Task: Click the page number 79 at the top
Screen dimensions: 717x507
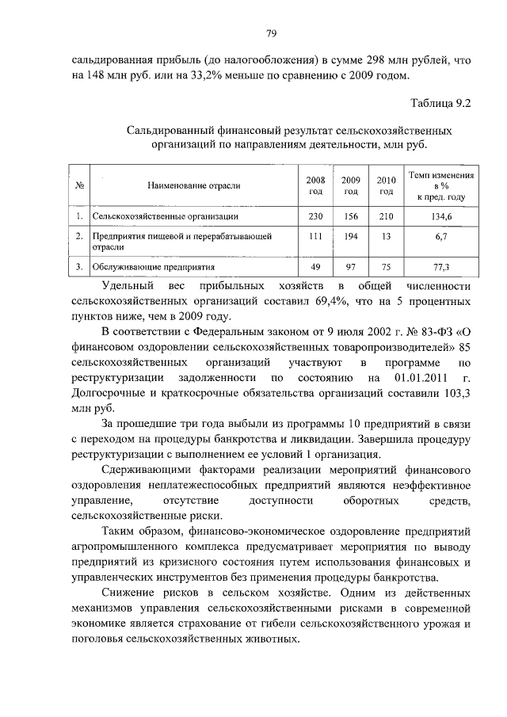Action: tap(270, 33)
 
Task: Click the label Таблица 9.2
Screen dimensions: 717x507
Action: tap(441, 104)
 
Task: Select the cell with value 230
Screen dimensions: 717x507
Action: tap(315, 215)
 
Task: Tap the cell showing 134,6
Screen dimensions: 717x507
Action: tap(441, 215)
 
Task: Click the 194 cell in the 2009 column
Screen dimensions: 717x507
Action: tap(351, 236)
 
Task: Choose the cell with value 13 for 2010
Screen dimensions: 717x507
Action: tap(386, 236)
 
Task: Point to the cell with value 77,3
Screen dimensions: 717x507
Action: tap(441, 267)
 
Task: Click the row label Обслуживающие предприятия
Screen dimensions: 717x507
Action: tap(154, 267)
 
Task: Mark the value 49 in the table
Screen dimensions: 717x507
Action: tap(315, 267)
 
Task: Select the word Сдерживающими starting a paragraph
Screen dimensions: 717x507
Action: tap(145, 469)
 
